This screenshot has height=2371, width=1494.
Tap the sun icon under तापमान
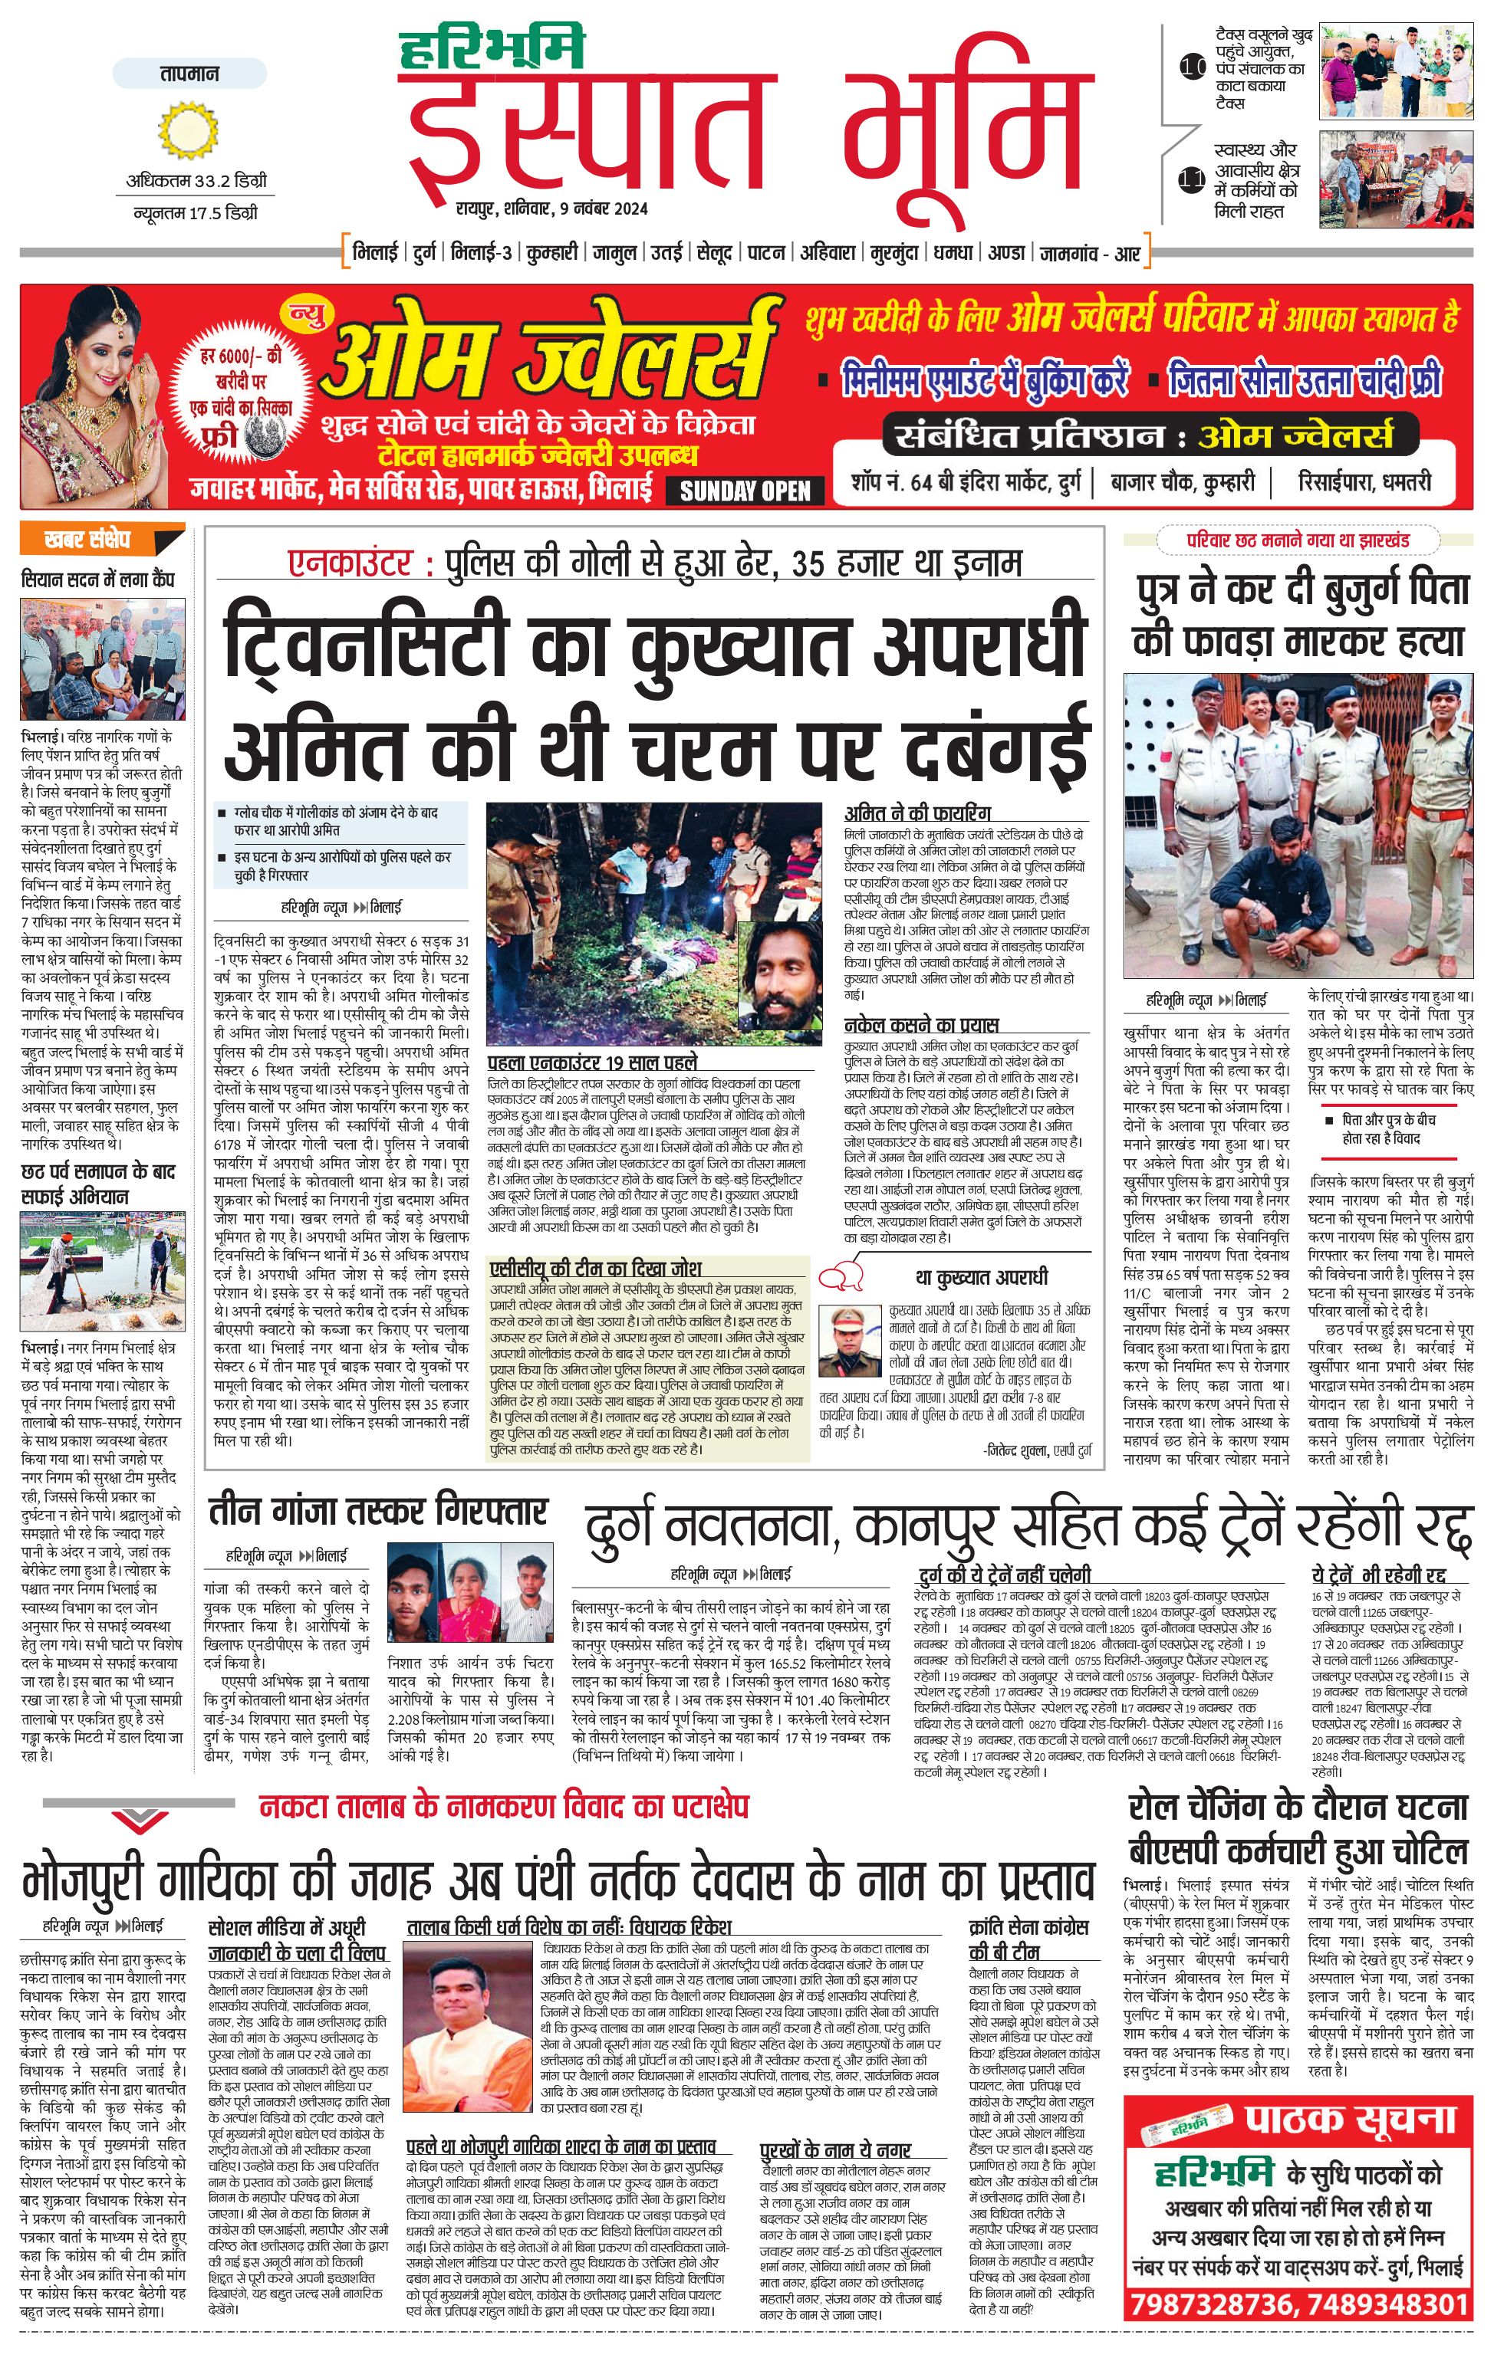pyautogui.click(x=185, y=132)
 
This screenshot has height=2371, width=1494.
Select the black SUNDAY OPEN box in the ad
pyautogui.click(x=745, y=491)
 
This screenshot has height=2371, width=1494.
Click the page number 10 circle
pyautogui.click(x=1193, y=68)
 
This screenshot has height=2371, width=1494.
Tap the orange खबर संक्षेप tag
pyautogui.click(x=100, y=540)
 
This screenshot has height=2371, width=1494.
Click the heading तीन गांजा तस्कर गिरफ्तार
pyautogui.click(x=377, y=1512)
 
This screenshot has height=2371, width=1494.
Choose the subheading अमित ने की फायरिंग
pyautogui.click(x=917, y=813)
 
